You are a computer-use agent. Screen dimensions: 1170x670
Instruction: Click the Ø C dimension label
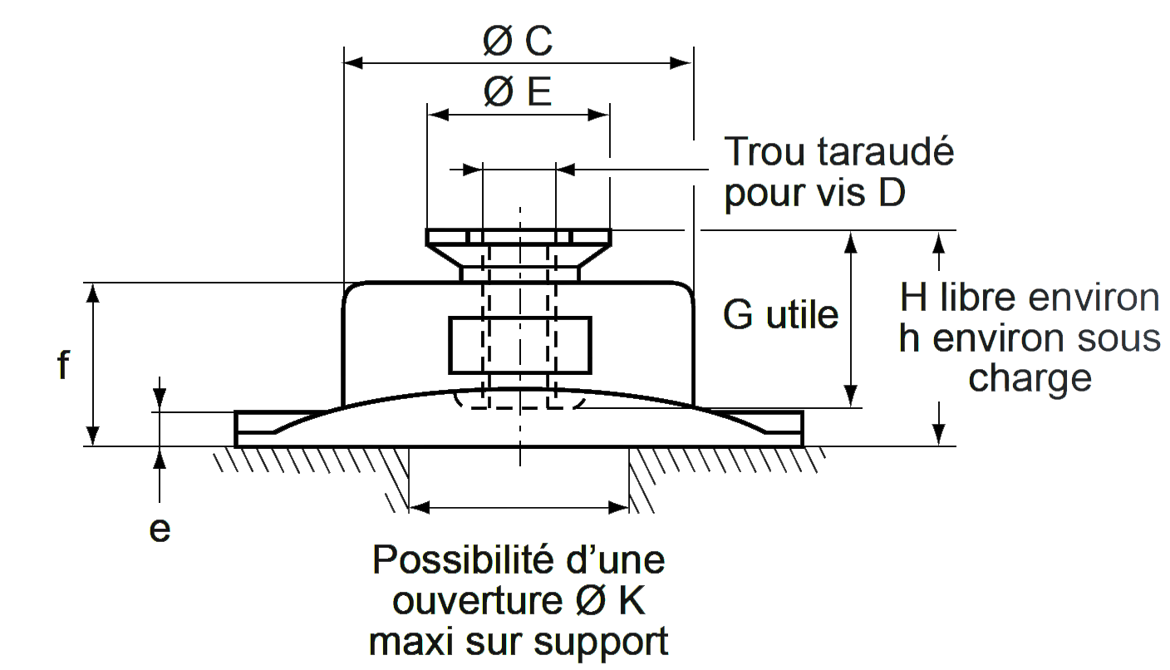(517, 40)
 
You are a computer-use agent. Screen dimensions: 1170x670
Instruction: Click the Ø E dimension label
(517, 92)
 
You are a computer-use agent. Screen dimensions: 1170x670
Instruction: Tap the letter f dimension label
(63, 364)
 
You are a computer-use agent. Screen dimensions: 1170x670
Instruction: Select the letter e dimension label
(160, 530)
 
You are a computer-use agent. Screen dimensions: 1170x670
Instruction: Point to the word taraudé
(885, 151)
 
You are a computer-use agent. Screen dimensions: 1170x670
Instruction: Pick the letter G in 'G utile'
(738, 314)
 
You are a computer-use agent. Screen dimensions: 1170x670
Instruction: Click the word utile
(802, 314)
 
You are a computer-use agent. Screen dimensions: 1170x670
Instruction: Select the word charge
(1030, 379)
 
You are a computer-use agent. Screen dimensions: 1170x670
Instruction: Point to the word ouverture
(478, 601)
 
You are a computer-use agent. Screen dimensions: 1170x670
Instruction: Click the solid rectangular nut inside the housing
(520, 346)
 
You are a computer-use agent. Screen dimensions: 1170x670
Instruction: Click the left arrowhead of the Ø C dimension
(353, 63)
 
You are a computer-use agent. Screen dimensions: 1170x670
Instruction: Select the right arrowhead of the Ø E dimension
(598, 115)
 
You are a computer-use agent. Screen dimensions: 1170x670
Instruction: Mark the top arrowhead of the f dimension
(93, 293)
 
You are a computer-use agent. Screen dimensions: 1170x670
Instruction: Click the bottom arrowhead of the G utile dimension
(851, 397)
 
